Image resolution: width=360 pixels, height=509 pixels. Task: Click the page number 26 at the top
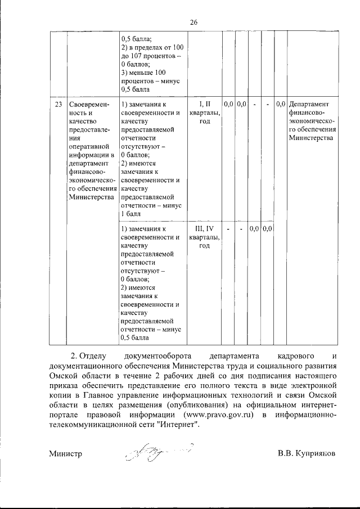pos(194,22)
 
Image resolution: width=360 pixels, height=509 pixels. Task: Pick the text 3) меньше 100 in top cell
pos(144,73)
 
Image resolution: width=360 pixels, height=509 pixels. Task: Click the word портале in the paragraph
pos(64,415)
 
